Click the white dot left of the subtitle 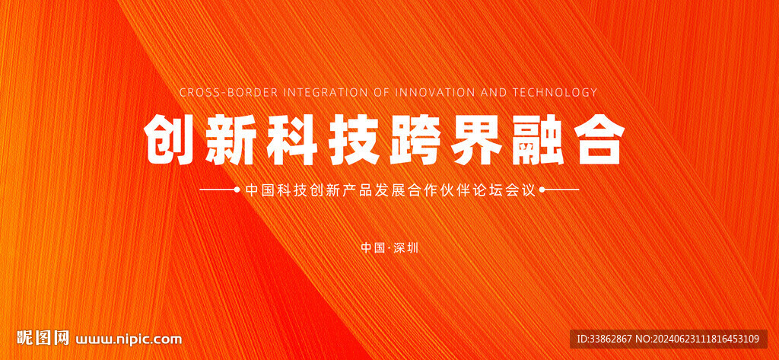click(x=237, y=190)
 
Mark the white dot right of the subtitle click(x=542, y=190)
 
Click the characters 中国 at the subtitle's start click(x=260, y=190)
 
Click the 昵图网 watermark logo click(x=43, y=338)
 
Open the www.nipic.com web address click(x=128, y=339)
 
